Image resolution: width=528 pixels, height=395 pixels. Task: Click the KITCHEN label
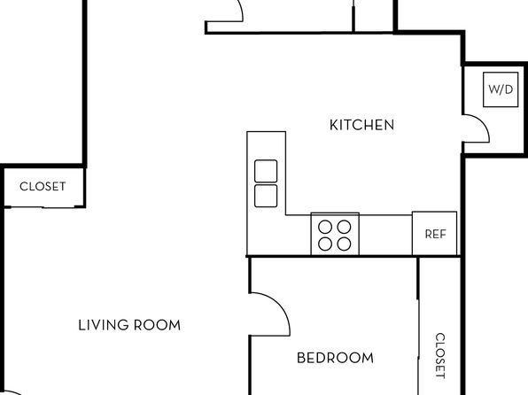361,125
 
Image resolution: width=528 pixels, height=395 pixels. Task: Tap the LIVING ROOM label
129,325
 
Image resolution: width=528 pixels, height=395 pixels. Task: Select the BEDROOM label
335,358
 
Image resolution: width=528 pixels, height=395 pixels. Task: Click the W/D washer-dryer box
501,89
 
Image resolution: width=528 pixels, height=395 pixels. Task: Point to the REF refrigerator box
434,233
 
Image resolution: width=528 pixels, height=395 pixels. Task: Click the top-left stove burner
325,227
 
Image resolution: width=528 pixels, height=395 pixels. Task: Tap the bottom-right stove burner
344,244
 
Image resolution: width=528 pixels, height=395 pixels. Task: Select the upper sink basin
266,171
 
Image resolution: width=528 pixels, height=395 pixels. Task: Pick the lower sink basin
266,196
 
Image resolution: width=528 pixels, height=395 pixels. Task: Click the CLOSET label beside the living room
43,186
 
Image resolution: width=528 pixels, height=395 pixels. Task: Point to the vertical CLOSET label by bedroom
440,356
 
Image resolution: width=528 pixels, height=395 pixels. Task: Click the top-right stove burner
344,227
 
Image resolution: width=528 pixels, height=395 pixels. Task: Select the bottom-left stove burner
325,244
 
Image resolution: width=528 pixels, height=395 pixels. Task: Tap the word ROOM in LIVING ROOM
158,325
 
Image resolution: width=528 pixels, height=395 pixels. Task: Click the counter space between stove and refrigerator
385,235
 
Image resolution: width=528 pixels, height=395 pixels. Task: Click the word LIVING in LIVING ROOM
104,325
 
